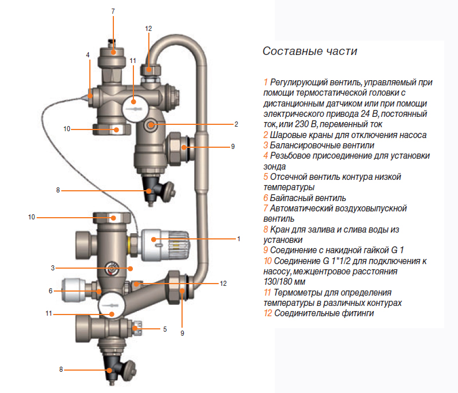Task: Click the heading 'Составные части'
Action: (309, 52)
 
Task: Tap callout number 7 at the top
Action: (113, 12)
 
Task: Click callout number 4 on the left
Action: (88, 55)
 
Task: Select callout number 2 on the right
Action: (236, 124)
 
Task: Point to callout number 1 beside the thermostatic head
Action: (238, 238)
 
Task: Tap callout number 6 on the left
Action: (50, 291)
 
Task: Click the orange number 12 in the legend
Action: (267, 313)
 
